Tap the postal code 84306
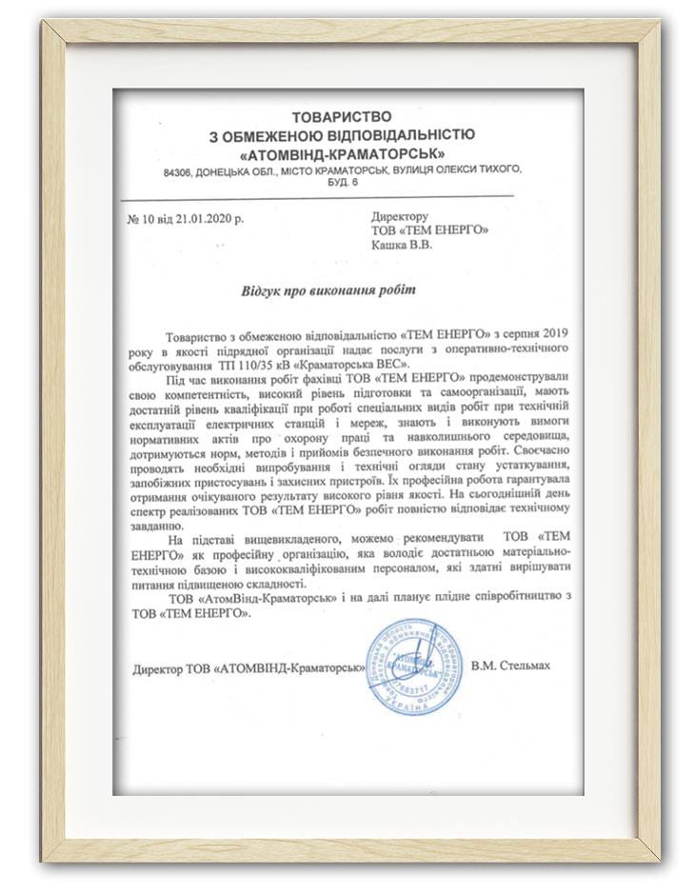(x=178, y=169)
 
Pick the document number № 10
(x=140, y=218)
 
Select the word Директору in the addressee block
(x=400, y=216)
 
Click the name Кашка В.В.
(x=402, y=245)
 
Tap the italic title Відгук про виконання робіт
(x=328, y=288)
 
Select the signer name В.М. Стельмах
(x=510, y=666)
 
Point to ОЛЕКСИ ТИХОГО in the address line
(x=473, y=169)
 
